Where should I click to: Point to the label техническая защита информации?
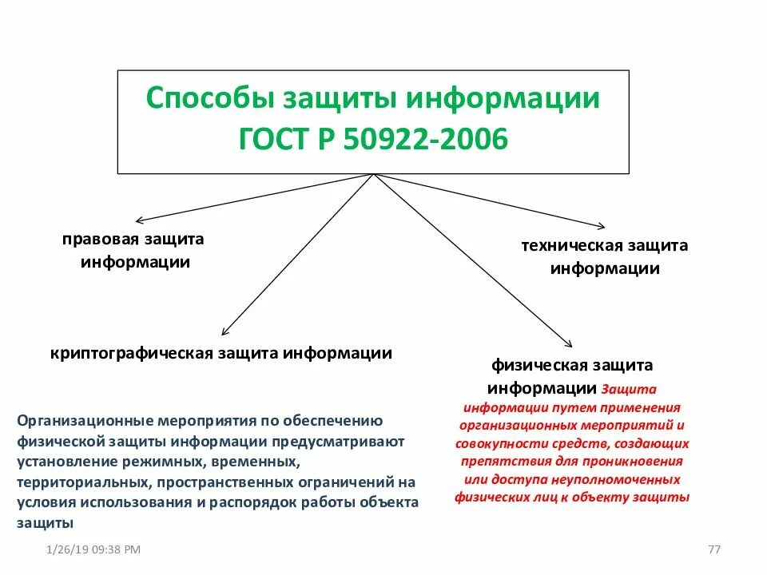coord(604,256)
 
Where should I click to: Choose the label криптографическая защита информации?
coord(221,353)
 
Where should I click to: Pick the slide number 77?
coord(715,549)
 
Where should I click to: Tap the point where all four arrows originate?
coord(374,175)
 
